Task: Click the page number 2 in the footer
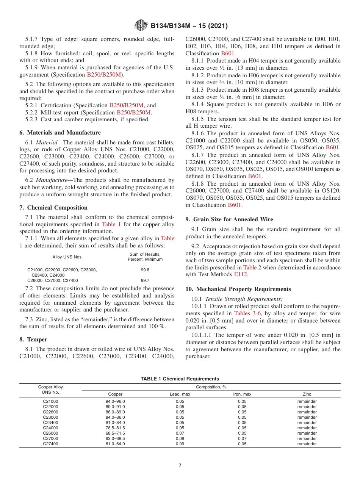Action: coord(180,465)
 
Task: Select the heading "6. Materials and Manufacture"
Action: coord(60,133)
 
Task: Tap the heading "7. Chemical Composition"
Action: coord(53,208)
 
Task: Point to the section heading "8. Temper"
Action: coord(33,340)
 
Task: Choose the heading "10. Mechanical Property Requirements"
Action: coord(238,289)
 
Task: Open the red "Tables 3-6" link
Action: coord(247,313)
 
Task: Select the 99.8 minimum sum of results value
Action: coord(145,270)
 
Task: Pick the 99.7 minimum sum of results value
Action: coord(145,280)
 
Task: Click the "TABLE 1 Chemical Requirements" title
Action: coord(180,379)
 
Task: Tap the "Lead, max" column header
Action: coord(180,394)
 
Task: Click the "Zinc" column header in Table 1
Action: coord(307,394)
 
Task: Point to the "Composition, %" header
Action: coord(211,387)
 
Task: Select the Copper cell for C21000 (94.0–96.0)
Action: coord(115,401)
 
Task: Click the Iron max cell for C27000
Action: coord(242,438)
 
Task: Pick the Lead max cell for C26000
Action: coord(180,433)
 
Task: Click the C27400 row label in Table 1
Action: coord(50,444)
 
